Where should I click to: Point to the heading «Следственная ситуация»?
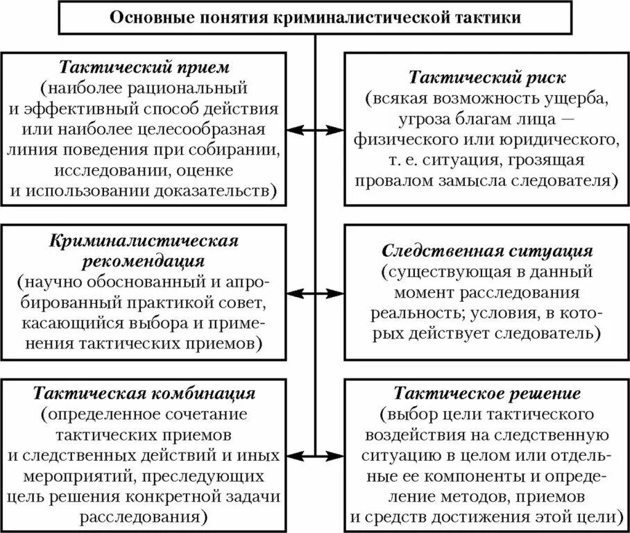pyautogui.click(x=487, y=250)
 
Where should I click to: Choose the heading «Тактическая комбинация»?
pyautogui.click(x=144, y=394)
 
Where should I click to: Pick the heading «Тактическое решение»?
pyautogui.click(x=487, y=394)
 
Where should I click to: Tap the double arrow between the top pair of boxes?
pyautogui.click(x=315, y=129)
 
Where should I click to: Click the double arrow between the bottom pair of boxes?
pyautogui.click(x=315, y=456)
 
